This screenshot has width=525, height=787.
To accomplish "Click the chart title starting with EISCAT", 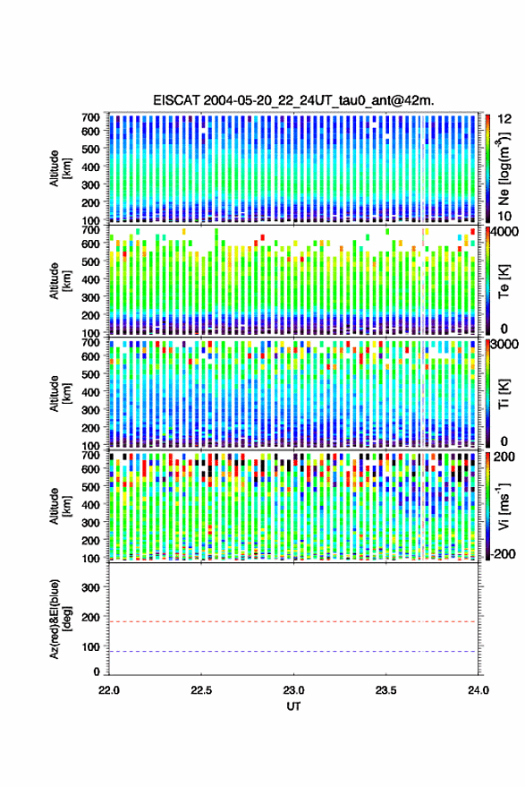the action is point(294,100).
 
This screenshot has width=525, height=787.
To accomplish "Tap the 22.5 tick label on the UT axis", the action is point(201,690).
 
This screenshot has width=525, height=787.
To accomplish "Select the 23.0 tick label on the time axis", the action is point(293,690).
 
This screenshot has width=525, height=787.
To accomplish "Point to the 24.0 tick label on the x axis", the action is point(478,690).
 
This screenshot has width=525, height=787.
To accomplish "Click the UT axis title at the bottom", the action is point(293,706).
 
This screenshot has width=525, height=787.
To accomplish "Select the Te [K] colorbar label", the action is point(504,281).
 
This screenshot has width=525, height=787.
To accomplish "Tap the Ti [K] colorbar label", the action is point(504,394).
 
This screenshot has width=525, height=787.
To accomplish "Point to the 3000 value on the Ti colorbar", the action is point(504,345).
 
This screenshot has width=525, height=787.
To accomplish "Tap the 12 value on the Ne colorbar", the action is point(504,119).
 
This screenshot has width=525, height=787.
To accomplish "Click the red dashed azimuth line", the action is point(293,621).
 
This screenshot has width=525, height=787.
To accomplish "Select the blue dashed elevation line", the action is point(293,652).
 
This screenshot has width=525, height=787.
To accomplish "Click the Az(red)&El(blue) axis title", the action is point(60,620).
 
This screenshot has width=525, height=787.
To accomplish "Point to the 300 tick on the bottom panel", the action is point(90,587).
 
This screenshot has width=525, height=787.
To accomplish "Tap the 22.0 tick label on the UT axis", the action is point(109,690).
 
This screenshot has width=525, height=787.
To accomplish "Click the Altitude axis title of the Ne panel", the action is point(60,168).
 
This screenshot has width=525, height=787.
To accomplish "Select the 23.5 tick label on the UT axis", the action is point(385,690).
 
